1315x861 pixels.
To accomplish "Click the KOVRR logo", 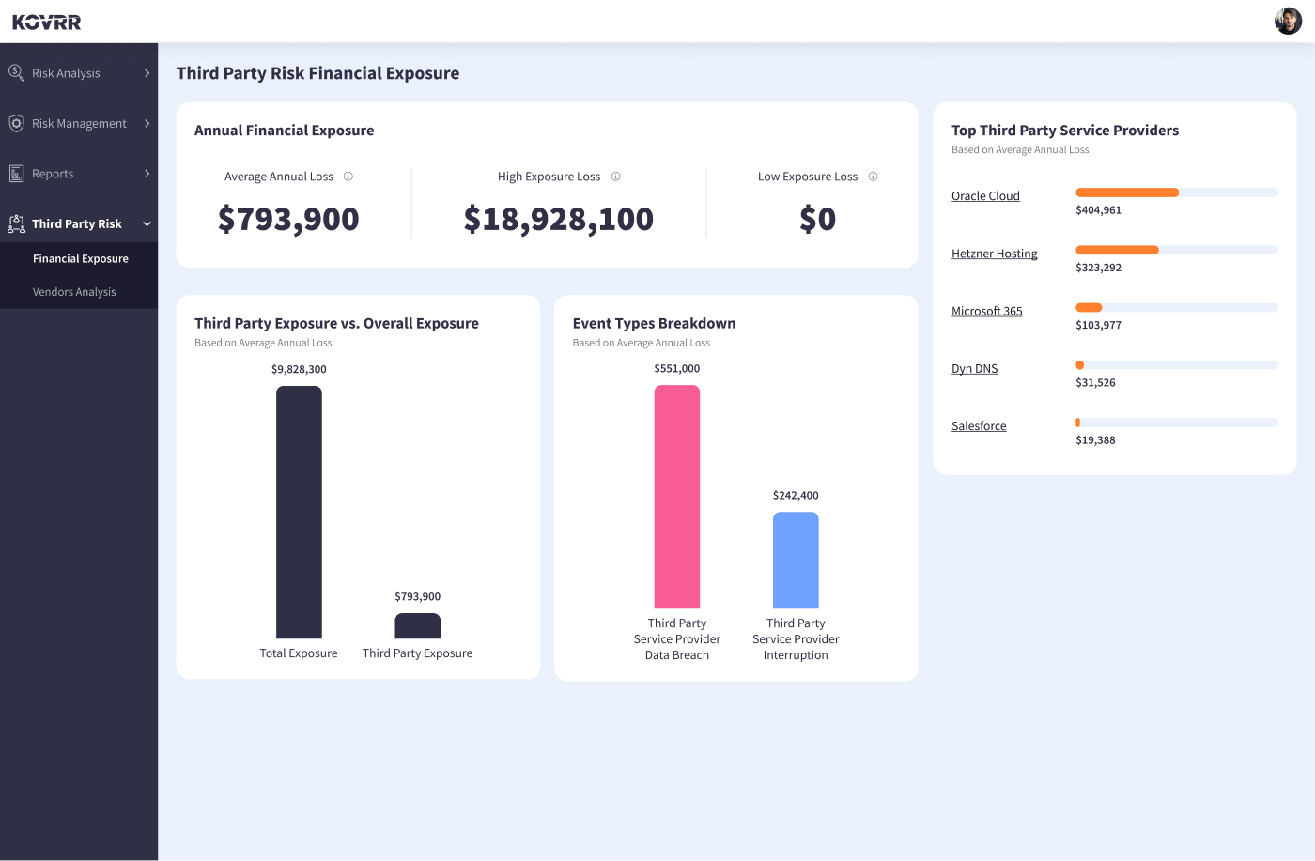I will [x=47, y=22].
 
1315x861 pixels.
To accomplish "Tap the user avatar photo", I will [x=1288, y=21].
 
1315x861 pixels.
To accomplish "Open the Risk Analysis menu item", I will [x=66, y=73].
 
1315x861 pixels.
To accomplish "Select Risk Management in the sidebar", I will [x=79, y=123].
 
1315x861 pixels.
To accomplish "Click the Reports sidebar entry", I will [x=53, y=174].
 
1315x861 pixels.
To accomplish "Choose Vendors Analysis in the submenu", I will [x=74, y=292].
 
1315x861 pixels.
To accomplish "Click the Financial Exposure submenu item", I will [x=81, y=258].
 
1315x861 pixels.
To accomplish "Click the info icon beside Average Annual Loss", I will [x=348, y=177].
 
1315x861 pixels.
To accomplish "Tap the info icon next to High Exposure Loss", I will [x=616, y=177].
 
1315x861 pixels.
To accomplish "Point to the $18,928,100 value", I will [x=558, y=219].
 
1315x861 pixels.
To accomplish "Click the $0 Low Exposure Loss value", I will [x=817, y=219].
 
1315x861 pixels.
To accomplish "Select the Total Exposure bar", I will [x=299, y=512].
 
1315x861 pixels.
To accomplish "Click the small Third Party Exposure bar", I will [x=418, y=626].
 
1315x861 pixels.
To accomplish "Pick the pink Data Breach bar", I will [x=677, y=497].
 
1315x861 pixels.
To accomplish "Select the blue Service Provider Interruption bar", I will [x=796, y=560].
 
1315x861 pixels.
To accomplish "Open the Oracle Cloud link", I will [x=985, y=196].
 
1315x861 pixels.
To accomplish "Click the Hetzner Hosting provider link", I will [x=994, y=254].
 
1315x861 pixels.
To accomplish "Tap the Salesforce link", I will [x=979, y=426].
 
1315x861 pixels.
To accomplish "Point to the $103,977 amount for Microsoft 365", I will [x=1098, y=325].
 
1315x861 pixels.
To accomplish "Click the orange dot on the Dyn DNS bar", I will [x=1080, y=365].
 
